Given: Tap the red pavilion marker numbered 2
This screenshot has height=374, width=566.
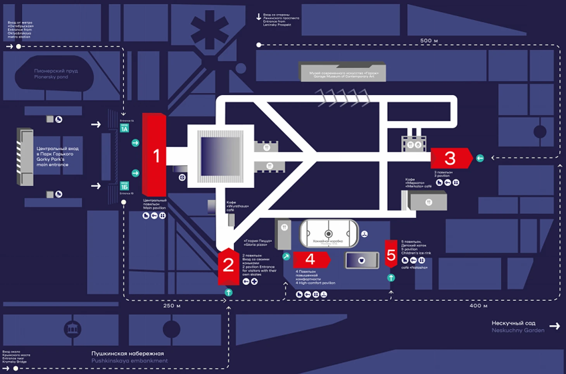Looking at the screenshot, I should [228, 266].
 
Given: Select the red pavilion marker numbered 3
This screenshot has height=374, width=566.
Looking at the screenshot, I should [450, 158].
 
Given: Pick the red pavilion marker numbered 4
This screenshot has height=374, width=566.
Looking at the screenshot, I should [311, 259].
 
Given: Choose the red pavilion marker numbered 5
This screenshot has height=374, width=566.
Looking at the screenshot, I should [391, 255].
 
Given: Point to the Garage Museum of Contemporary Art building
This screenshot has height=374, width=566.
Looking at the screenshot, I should [343, 73].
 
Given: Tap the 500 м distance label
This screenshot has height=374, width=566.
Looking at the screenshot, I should [429, 41].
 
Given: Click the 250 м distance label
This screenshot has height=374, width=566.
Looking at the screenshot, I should [172, 305].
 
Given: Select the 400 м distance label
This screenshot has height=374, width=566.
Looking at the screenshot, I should [478, 305].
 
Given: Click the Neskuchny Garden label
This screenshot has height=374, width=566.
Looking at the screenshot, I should [518, 326].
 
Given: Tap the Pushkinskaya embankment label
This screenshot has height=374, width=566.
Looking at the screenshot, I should [129, 357].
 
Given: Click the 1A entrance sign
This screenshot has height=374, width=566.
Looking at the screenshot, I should [124, 128].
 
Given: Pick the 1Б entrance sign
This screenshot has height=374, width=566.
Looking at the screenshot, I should [124, 186].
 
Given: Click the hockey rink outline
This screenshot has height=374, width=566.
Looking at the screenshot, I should [329, 233].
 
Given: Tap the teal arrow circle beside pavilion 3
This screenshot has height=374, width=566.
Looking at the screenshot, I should [480, 158].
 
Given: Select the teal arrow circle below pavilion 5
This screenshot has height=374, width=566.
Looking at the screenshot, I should [391, 278].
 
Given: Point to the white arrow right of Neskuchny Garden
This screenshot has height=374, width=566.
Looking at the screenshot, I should [555, 326].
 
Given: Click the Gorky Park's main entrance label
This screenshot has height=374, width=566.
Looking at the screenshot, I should [57, 156].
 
